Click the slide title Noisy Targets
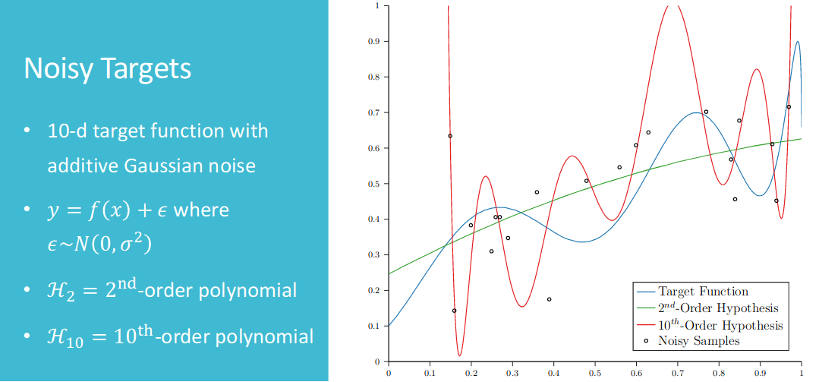(x=107, y=69)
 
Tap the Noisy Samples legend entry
(x=694, y=341)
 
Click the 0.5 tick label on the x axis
(x=594, y=374)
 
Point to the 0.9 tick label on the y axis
(x=374, y=41)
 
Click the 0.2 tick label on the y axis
(x=374, y=291)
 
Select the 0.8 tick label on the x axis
(x=718, y=374)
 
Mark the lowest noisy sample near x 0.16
(x=454, y=311)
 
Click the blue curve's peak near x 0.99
(x=797, y=41)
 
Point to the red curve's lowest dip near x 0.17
(x=459, y=356)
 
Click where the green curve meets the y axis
(x=389, y=273)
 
